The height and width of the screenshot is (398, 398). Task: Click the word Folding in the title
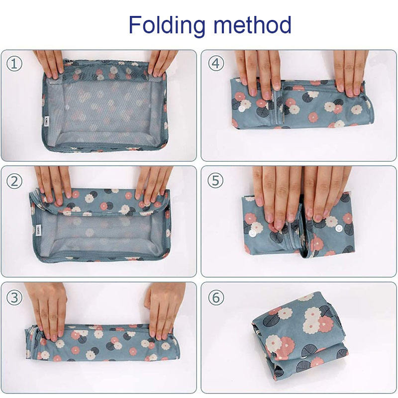point(167,25)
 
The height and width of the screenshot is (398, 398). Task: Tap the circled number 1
point(14,64)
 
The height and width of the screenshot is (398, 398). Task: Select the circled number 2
point(14,181)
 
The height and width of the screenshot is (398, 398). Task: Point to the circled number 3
point(14,297)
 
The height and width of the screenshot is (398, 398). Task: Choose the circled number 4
point(216,64)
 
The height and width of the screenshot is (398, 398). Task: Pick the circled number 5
point(215,181)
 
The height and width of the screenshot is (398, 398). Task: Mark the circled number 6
point(216,297)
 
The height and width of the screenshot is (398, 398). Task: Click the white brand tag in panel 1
point(46,121)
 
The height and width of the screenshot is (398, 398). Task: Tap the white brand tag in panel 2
point(38,230)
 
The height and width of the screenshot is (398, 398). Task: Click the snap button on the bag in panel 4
point(241,109)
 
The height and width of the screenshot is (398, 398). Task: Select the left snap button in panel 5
point(252,233)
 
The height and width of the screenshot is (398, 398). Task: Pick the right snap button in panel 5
point(339,228)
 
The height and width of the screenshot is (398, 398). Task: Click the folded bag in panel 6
point(299,336)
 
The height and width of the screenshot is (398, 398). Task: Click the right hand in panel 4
point(350,72)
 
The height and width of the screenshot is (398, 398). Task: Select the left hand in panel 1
point(50,64)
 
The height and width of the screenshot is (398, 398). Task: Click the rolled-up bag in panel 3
point(101,343)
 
